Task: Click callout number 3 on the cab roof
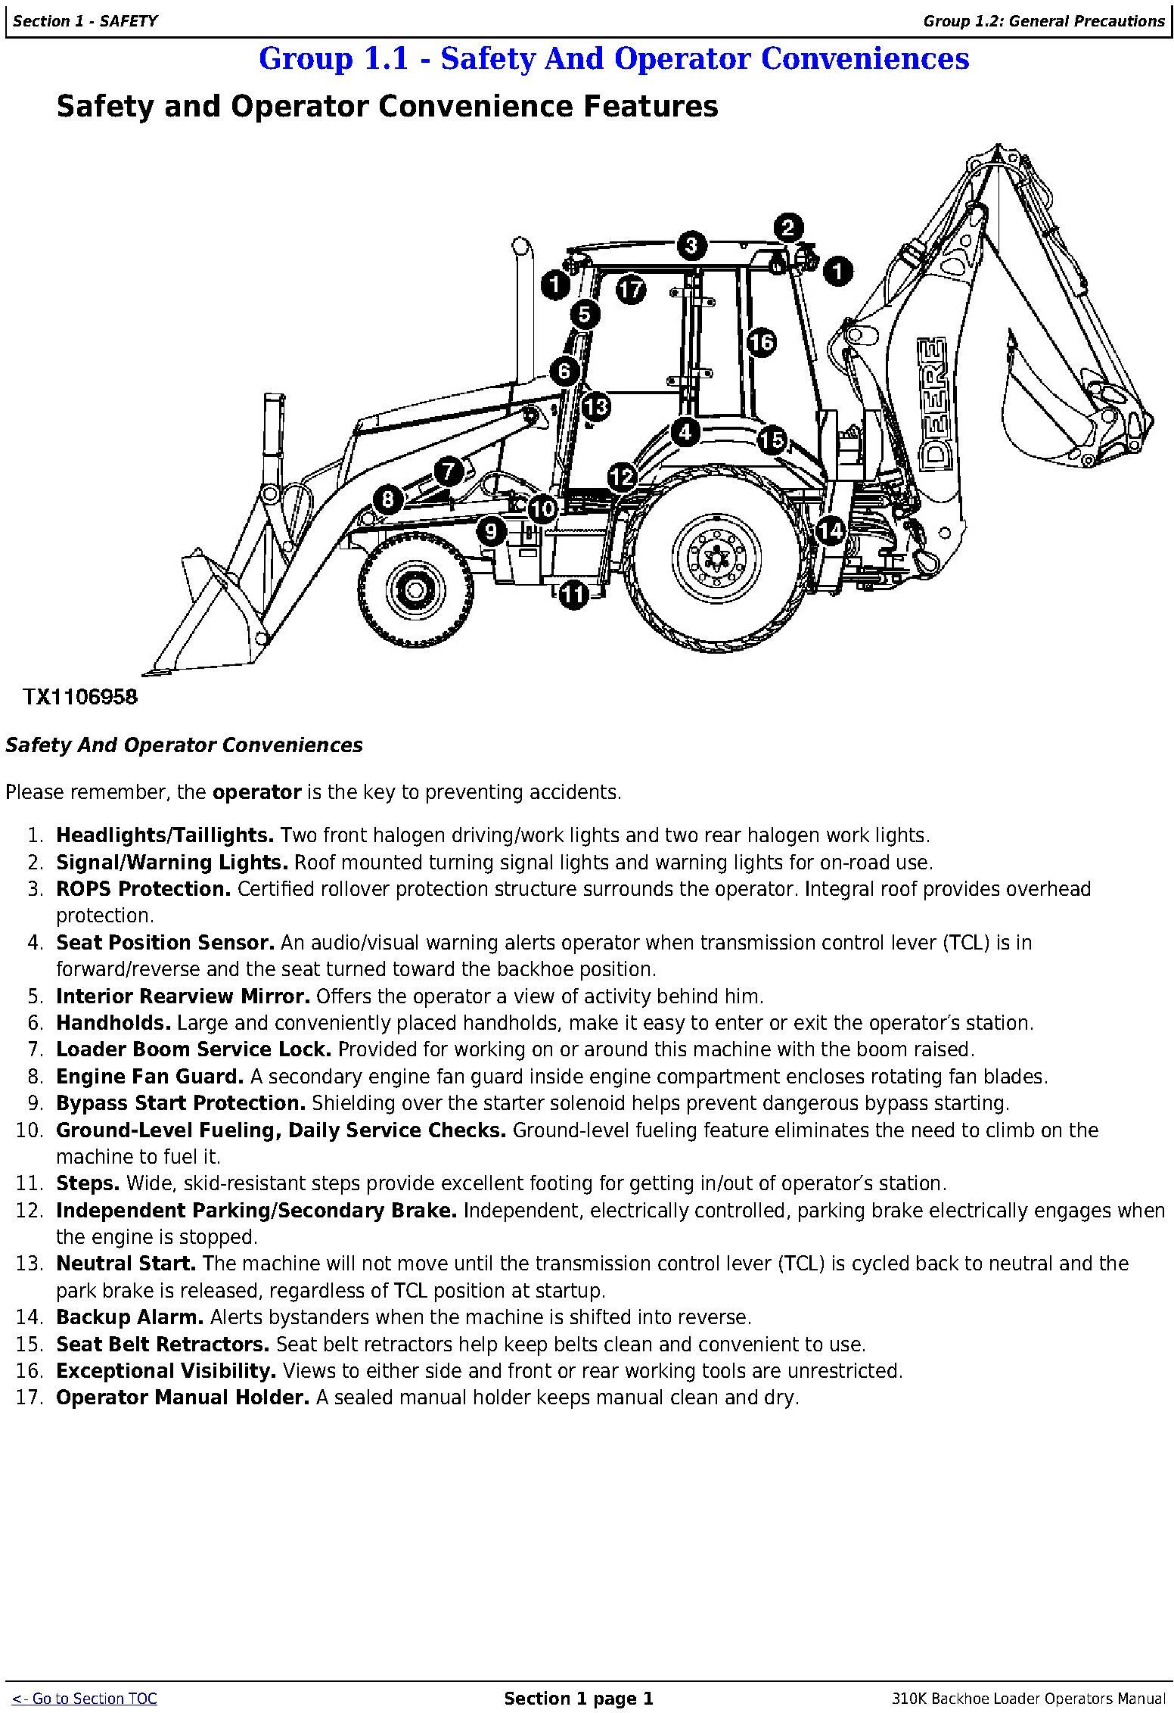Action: coord(691,244)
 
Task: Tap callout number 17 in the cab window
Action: coord(630,290)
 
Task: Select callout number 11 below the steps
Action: coord(573,595)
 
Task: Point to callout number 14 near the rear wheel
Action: coord(831,531)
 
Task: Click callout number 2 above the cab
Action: coord(787,227)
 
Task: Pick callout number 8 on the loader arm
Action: coord(388,499)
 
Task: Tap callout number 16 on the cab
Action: coord(762,343)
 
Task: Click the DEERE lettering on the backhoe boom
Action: coord(931,401)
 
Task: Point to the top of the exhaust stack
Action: coord(520,246)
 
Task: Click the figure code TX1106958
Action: coord(81,697)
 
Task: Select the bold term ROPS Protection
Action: coord(143,889)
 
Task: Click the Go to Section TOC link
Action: coord(85,1699)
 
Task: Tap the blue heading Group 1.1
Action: coord(613,59)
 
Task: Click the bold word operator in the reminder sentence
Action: coord(257,792)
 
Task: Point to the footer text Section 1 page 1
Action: coord(578,1699)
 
